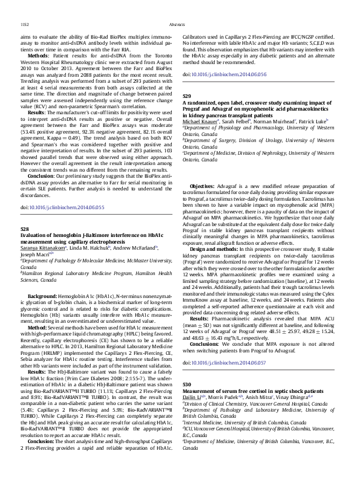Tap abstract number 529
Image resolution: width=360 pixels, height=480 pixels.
click(x=187, y=96)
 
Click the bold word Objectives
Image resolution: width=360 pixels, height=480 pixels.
click(x=202, y=169)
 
